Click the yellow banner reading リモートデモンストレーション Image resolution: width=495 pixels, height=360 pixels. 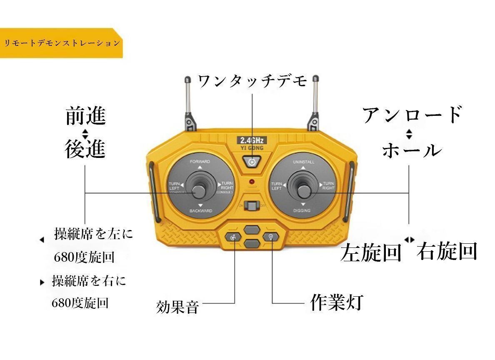click(x=61, y=43)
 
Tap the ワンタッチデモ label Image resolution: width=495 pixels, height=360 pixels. click(x=252, y=81)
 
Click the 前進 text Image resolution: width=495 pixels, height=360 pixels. click(x=86, y=116)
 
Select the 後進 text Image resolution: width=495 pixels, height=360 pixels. click(x=85, y=149)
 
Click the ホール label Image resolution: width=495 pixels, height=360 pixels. click(x=411, y=150)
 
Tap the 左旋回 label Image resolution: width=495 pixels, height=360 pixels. click(x=371, y=252)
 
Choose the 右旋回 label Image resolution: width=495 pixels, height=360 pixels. click(x=447, y=251)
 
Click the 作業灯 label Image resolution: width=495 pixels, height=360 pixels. click(x=337, y=302)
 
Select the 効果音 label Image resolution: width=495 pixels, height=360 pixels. click(x=177, y=307)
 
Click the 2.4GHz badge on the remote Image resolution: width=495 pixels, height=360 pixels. click(x=252, y=140)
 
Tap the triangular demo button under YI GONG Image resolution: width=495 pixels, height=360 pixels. click(x=251, y=162)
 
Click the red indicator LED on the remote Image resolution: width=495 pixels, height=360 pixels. click(x=252, y=182)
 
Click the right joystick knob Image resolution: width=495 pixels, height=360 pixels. click(x=305, y=191)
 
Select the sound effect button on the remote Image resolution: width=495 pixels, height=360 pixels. click(x=233, y=238)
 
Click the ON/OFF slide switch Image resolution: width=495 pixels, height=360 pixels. click(x=252, y=206)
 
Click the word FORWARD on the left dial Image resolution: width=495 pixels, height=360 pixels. click(x=200, y=161)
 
